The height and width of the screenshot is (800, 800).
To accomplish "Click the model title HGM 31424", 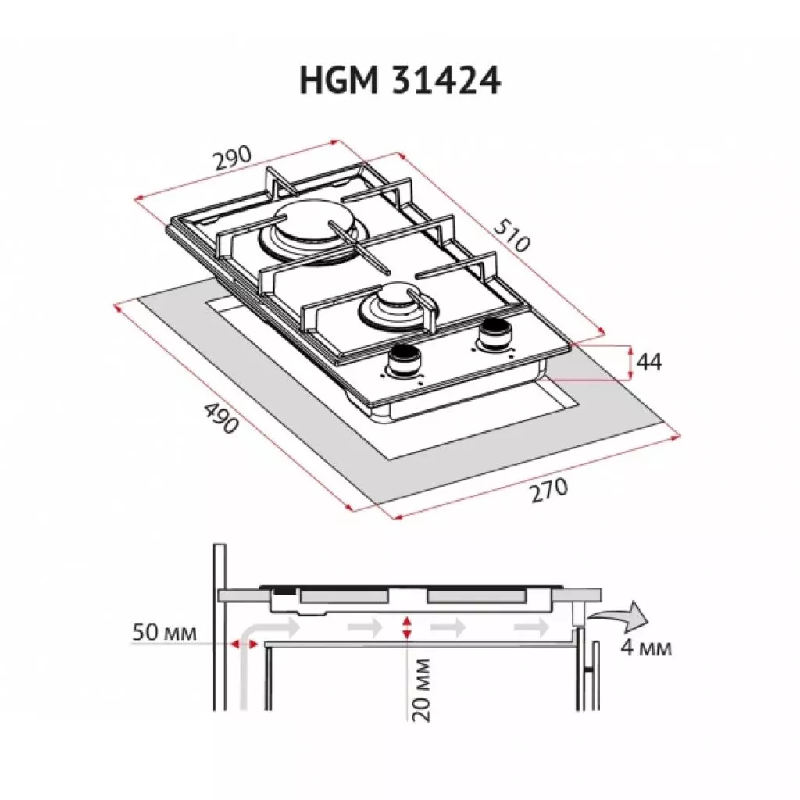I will tap(399, 80).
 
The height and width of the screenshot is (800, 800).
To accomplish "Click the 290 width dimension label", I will tap(232, 159).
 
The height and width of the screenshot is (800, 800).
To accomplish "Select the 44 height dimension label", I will tap(649, 362).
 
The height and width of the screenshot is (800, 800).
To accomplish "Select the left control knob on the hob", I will tap(404, 359).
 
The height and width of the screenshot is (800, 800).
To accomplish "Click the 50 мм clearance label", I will tap(163, 631).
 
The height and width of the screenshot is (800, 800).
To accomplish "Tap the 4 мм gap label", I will tap(645, 648).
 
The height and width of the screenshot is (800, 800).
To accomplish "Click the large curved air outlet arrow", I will tap(619, 616).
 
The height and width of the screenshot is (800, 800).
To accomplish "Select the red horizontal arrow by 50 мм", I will tap(245, 643).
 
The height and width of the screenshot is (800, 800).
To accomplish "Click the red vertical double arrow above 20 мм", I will tap(407, 625).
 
